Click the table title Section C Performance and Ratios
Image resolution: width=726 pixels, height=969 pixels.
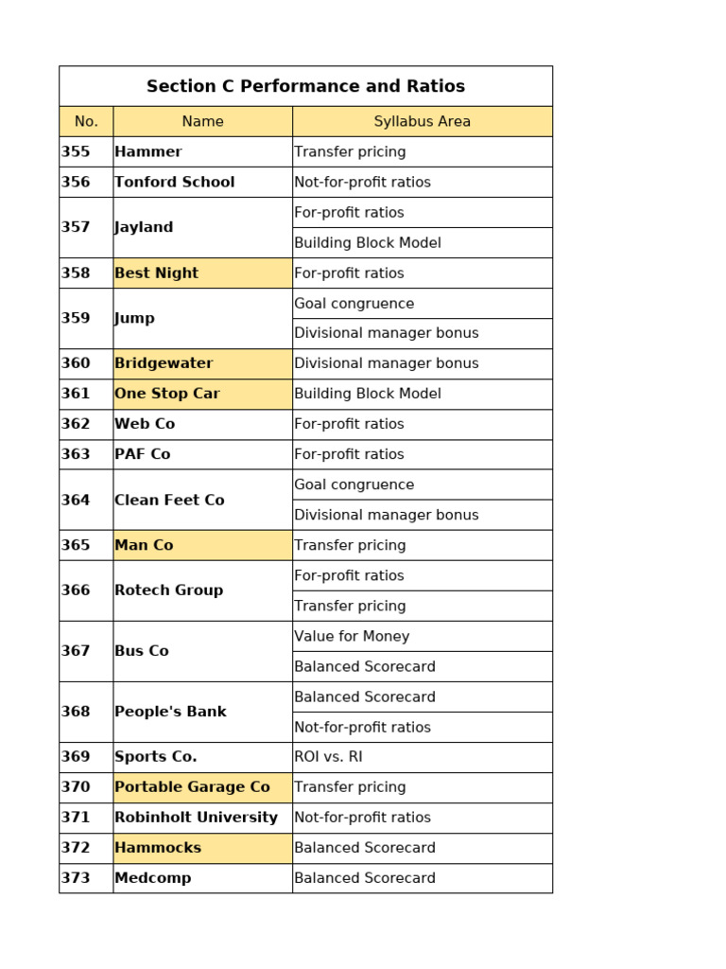(x=305, y=86)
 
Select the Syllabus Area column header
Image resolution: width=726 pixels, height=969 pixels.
(x=422, y=121)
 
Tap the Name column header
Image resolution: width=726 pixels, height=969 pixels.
(x=202, y=121)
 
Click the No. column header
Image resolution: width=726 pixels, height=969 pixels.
(x=86, y=121)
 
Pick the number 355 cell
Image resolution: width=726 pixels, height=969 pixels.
(x=76, y=151)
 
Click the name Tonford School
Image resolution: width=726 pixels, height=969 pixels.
(x=174, y=182)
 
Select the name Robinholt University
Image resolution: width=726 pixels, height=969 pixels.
(x=196, y=818)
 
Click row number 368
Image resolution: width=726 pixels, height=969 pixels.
(x=76, y=712)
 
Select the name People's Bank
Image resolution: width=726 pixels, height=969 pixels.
(x=170, y=712)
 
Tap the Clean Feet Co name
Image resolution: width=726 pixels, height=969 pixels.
(x=169, y=500)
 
